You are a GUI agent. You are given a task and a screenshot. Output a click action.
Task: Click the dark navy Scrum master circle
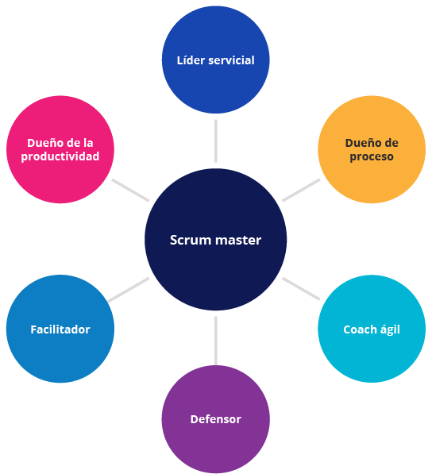tap(215, 240)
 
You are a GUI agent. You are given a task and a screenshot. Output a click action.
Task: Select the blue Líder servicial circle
tap(215, 60)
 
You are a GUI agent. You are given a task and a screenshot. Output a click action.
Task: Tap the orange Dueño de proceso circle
tap(372, 149)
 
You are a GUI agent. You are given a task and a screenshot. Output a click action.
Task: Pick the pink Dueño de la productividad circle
tap(60, 149)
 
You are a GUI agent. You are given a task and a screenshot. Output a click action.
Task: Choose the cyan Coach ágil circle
tap(372, 329)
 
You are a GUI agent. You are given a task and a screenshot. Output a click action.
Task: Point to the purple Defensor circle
tap(215, 419)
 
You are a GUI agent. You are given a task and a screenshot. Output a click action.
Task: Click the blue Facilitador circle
tap(60, 329)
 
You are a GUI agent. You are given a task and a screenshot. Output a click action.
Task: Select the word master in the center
tap(238, 241)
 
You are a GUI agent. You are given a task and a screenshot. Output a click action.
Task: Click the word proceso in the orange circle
tap(372, 157)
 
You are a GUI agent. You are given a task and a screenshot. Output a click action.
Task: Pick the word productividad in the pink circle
tap(60, 156)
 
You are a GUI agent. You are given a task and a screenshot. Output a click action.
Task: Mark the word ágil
tap(389, 329)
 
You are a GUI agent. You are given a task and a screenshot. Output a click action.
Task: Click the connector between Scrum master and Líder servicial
tap(215, 141)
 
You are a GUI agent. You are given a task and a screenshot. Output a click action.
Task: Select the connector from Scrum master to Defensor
tap(215, 341)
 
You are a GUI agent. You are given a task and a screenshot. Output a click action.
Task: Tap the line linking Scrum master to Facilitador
tap(129, 290)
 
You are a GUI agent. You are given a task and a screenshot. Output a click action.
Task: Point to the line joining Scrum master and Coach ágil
tap(301, 289)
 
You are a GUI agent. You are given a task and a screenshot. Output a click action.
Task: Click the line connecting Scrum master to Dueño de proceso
tap(301, 190)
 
